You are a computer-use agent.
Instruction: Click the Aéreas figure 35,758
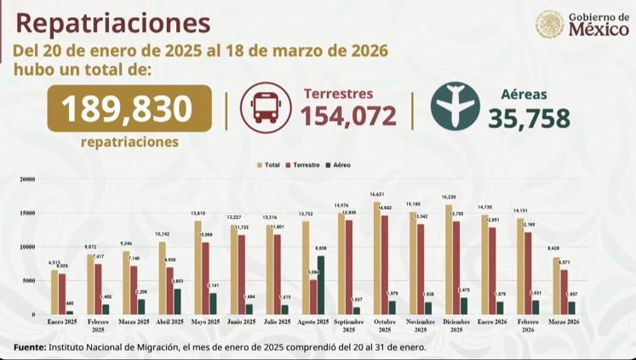pyautogui.click(x=529, y=117)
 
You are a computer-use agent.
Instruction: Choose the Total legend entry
pyautogui.click(x=269, y=164)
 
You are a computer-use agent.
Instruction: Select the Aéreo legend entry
pyautogui.click(x=338, y=164)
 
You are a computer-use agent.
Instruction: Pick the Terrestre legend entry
pyautogui.click(x=302, y=164)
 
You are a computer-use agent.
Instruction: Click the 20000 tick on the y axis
pyautogui.click(x=27, y=180)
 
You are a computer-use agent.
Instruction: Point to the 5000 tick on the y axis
pyautogui.click(x=29, y=280)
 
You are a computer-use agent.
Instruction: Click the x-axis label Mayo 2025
pyautogui.click(x=205, y=323)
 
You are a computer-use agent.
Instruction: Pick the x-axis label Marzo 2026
pyautogui.click(x=564, y=323)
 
